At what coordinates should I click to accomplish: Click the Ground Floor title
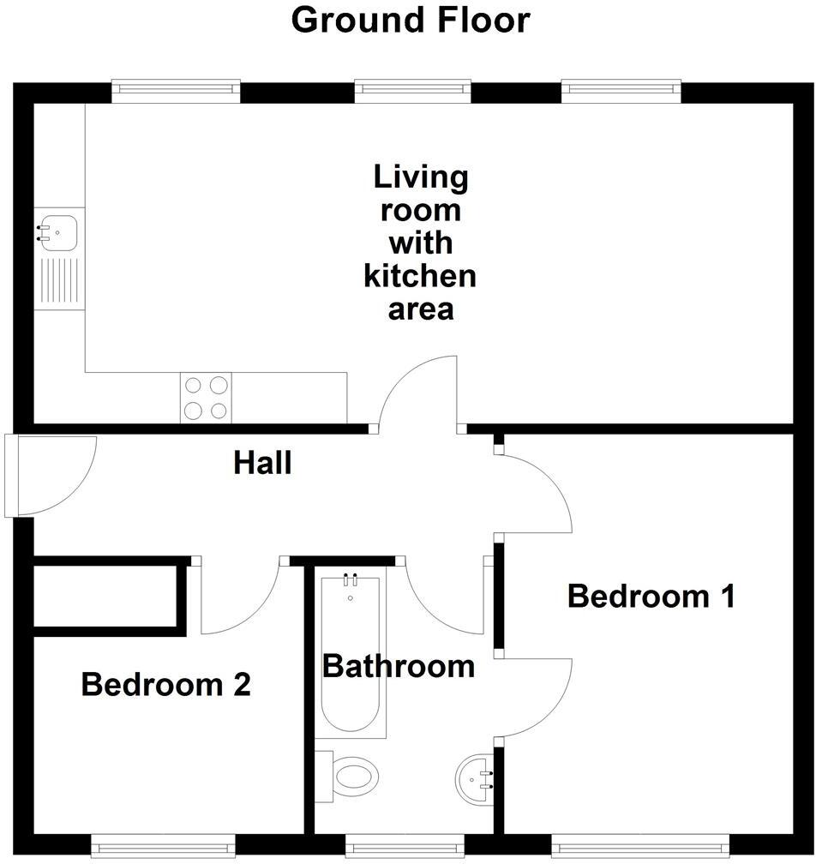411,20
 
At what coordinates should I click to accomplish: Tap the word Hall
262,464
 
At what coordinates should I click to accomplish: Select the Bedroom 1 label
651,596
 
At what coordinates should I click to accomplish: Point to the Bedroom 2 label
165,685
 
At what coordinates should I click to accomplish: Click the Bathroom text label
399,666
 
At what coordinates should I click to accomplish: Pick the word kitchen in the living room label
420,276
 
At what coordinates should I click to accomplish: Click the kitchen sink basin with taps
58,231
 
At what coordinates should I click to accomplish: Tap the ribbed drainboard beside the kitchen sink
59,281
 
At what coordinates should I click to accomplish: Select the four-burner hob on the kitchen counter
206,398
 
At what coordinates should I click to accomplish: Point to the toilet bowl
353,777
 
